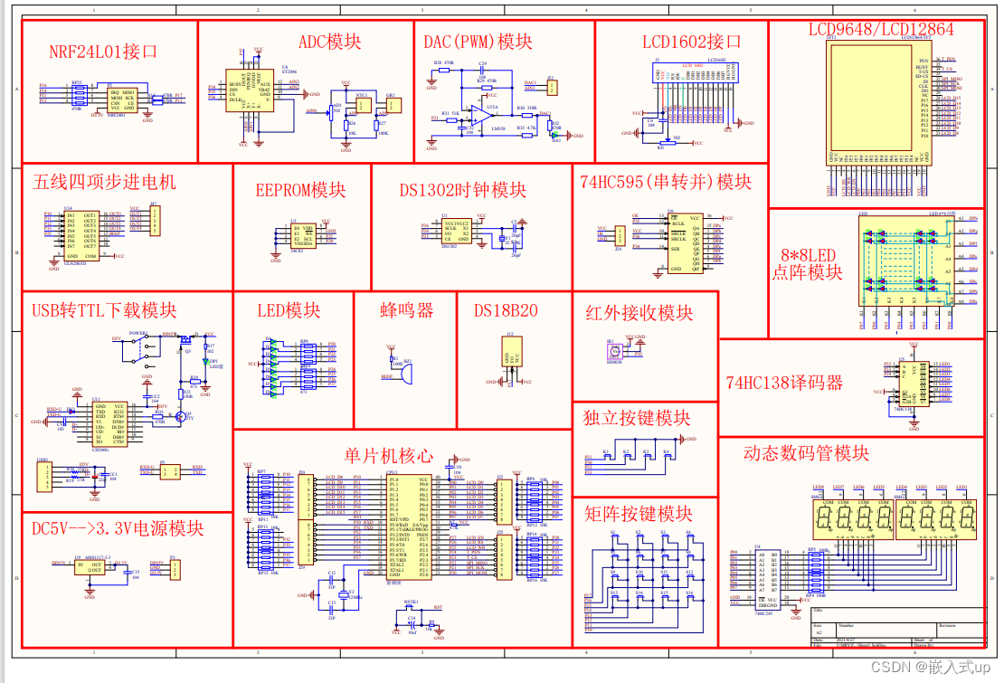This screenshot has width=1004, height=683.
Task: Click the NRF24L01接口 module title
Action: click(x=103, y=52)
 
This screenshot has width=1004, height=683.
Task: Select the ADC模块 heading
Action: click(x=329, y=42)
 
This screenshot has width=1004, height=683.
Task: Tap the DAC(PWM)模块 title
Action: click(x=478, y=42)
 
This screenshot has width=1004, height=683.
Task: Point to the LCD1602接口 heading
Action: click(x=692, y=42)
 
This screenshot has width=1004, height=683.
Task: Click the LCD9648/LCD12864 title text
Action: click(x=880, y=29)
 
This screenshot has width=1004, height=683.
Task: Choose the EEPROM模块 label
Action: click(x=300, y=190)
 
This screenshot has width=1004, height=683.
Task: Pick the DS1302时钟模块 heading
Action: click(x=463, y=190)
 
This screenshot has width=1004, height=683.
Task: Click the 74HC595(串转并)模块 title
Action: click(x=666, y=181)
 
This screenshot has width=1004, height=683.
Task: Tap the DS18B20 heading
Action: click(x=506, y=310)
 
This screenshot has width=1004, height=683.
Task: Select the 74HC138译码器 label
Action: click(x=784, y=383)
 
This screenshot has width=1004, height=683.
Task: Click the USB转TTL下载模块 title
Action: click(x=104, y=310)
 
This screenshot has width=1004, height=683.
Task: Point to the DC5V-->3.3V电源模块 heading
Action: click(x=118, y=528)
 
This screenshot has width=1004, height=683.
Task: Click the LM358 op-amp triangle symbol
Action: click(x=474, y=114)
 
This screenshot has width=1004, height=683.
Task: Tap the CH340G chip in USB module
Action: click(x=109, y=422)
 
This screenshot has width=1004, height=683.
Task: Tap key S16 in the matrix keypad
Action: click(x=689, y=601)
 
